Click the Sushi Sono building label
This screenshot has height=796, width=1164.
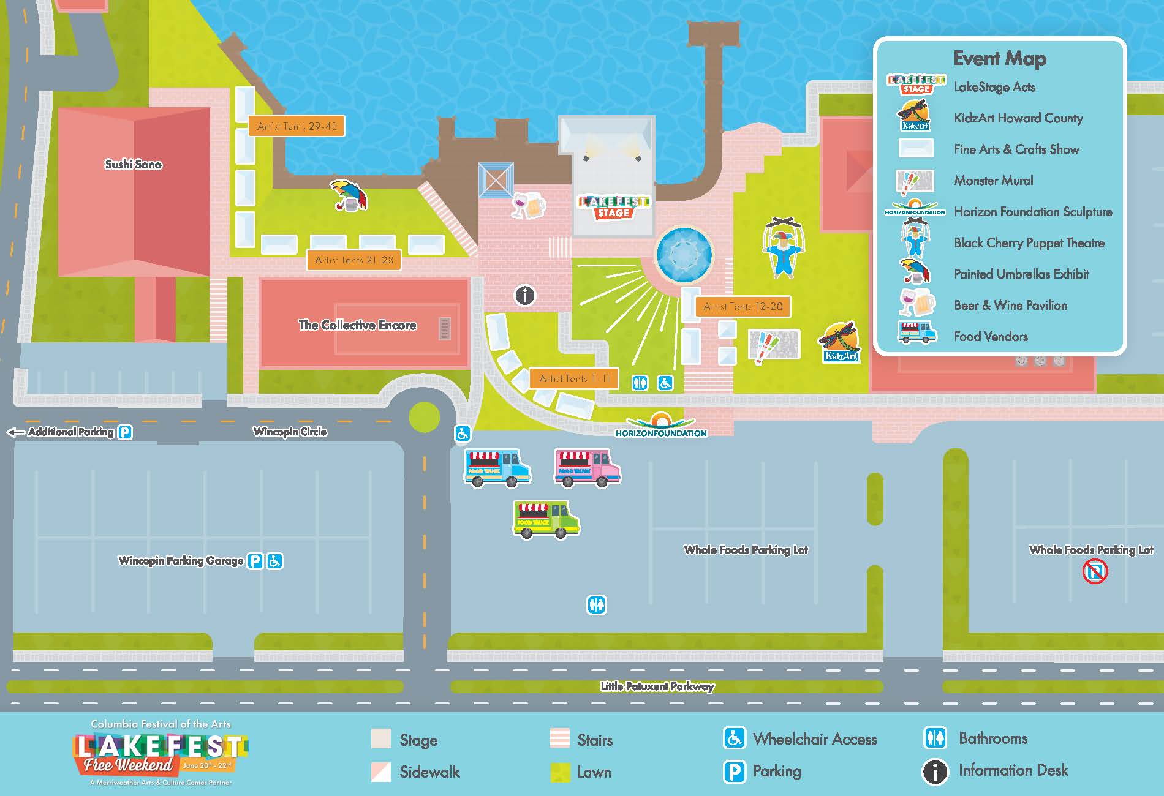click(133, 164)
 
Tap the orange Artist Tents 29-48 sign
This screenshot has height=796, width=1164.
click(297, 126)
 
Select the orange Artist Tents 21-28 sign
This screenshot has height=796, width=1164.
click(353, 260)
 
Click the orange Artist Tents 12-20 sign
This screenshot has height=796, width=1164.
click(743, 306)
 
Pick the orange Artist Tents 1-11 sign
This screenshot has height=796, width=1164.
click(574, 378)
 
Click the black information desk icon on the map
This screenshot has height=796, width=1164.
click(524, 296)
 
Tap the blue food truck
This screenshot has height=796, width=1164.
click(497, 468)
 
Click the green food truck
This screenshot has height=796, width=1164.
click(546, 519)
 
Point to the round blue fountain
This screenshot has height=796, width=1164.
click(684, 254)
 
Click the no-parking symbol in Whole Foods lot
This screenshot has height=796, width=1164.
click(1095, 573)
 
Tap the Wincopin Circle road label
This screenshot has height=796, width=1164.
click(290, 432)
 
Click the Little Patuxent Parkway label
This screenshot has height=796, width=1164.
click(657, 686)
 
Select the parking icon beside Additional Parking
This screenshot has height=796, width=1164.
click(125, 432)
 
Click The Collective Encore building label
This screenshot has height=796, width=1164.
click(357, 325)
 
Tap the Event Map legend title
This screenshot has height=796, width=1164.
click(999, 58)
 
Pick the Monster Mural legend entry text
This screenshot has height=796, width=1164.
click(993, 181)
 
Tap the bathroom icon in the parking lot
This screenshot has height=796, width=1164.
click(596, 605)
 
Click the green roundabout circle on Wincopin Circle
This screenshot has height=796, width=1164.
click(424, 417)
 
